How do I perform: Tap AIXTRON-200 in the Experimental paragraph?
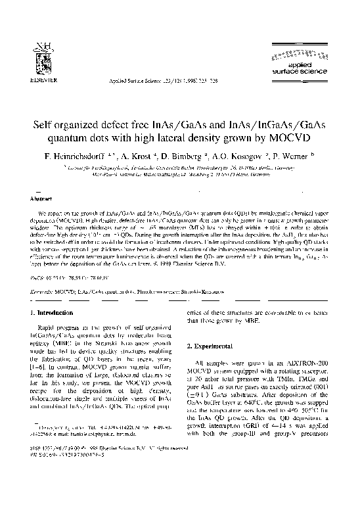tap(314, 362)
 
